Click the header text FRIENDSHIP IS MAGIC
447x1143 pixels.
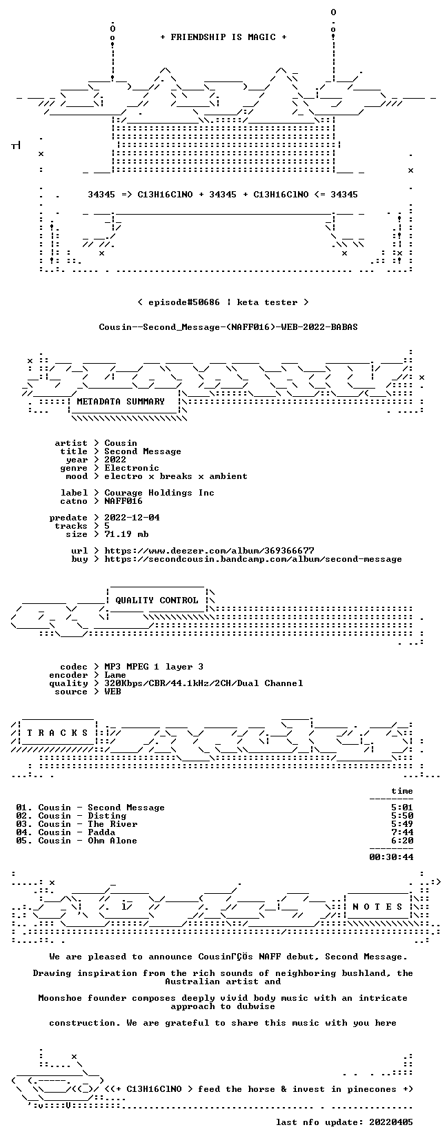(x=223, y=37)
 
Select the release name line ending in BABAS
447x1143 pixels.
(x=228, y=327)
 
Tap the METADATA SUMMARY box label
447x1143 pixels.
(x=121, y=402)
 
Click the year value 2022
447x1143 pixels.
(x=115, y=460)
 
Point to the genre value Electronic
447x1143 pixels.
(x=132, y=468)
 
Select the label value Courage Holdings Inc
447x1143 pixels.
(x=159, y=493)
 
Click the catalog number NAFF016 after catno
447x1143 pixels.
(x=123, y=501)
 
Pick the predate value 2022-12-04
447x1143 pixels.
(x=132, y=518)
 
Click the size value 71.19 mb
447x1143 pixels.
(x=126, y=534)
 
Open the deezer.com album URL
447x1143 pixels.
(x=210, y=551)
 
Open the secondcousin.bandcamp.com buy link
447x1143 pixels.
(x=253, y=559)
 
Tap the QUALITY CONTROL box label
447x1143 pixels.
(x=157, y=600)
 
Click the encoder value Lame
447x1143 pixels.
(x=115, y=675)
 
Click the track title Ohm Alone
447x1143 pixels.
(x=112, y=841)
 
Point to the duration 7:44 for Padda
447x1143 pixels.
(x=402, y=832)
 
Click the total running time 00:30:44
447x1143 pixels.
(x=391, y=857)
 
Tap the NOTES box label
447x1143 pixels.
(x=378, y=907)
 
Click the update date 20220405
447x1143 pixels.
(x=391, y=1122)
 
